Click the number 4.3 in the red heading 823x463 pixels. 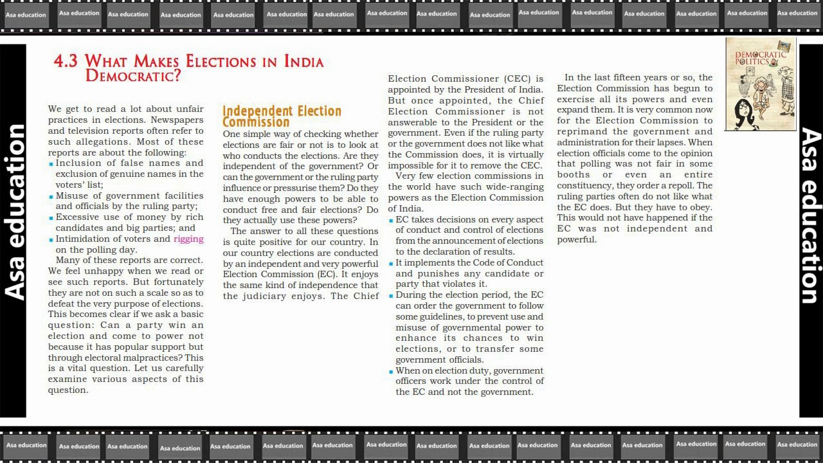(66, 62)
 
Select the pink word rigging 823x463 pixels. (188, 239)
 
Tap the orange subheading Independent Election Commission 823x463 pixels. (282, 116)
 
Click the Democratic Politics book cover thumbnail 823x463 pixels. (761, 84)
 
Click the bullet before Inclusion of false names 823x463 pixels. (51, 164)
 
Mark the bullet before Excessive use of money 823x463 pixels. (51, 218)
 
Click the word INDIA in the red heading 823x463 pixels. (303, 62)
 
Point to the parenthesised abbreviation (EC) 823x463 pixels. (327, 275)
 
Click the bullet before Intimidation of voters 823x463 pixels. (51, 239)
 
